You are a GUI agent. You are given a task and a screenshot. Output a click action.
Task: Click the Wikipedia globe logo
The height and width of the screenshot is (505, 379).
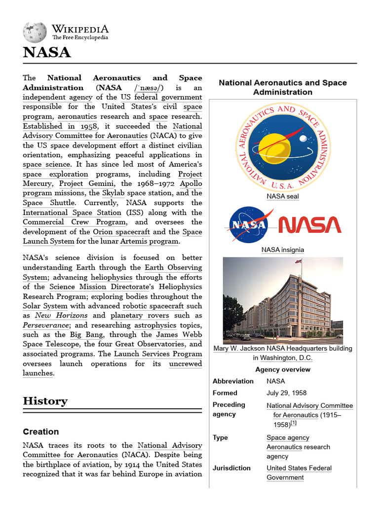pyautogui.click(x=34, y=32)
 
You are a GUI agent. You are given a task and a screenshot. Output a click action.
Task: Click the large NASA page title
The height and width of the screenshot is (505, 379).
pyautogui.click(x=47, y=53)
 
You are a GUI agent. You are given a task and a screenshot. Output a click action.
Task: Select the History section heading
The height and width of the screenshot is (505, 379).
pyautogui.click(x=45, y=400)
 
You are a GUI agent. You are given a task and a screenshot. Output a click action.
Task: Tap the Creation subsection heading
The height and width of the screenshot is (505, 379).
pyautogui.click(x=41, y=432)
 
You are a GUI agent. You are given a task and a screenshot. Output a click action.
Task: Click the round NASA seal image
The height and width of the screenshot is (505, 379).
pyautogui.click(x=283, y=147)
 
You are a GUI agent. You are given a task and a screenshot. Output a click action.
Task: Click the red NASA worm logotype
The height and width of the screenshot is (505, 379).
pyautogui.click(x=309, y=225)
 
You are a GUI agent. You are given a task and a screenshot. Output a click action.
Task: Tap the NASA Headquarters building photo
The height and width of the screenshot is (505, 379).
pyautogui.click(x=283, y=300)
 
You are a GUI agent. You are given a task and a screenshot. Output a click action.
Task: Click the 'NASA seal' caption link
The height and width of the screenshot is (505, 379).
pyautogui.click(x=283, y=196)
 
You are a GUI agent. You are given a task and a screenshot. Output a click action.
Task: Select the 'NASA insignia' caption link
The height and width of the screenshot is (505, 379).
pyautogui.click(x=283, y=250)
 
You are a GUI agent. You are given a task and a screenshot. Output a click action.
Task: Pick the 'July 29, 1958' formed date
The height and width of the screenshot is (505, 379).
pyautogui.click(x=286, y=393)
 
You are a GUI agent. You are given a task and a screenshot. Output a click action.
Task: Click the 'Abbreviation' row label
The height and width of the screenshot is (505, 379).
pyautogui.click(x=233, y=381)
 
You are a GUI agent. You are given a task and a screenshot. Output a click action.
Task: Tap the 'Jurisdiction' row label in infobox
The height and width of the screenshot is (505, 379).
pyautogui.click(x=231, y=468)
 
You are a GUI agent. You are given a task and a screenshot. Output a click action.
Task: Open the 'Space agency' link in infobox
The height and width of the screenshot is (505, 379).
pyautogui.click(x=288, y=437)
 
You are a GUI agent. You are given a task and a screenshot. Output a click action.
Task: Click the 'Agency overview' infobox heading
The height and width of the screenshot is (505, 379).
pyautogui.click(x=283, y=369)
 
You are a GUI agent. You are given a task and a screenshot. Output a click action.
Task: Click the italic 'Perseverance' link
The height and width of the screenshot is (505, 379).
pyautogui.click(x=45, y=325)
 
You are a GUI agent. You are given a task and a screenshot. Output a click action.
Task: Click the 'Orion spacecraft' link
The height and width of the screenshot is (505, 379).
pyautogui.click(x=121, y=232)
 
